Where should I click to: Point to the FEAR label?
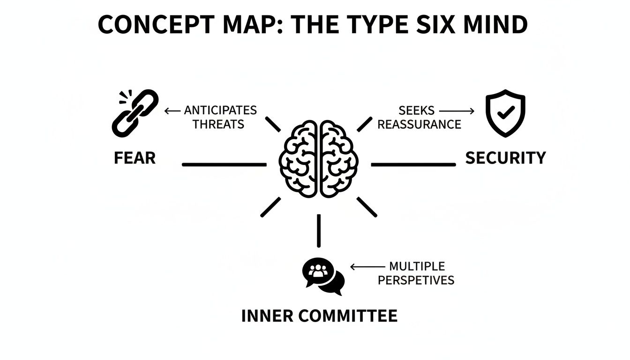tap(135, 158)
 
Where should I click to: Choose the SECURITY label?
tap(505, 158)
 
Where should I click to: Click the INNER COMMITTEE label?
tap(319, 316)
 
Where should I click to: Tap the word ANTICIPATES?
tap(220, 111)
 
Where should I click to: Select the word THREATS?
tap(218, 124)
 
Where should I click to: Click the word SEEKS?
tap(417, 111)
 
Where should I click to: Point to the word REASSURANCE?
tap(419, 124)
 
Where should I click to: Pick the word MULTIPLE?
tap(417, 267)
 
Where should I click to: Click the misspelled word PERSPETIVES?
tap(416, 280)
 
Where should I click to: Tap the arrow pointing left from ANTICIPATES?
tap(172, 111)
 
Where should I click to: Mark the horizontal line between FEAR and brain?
tap(224, 165)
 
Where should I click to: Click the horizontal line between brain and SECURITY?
tap(413, 165)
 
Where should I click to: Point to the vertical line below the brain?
tap(319, 231)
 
